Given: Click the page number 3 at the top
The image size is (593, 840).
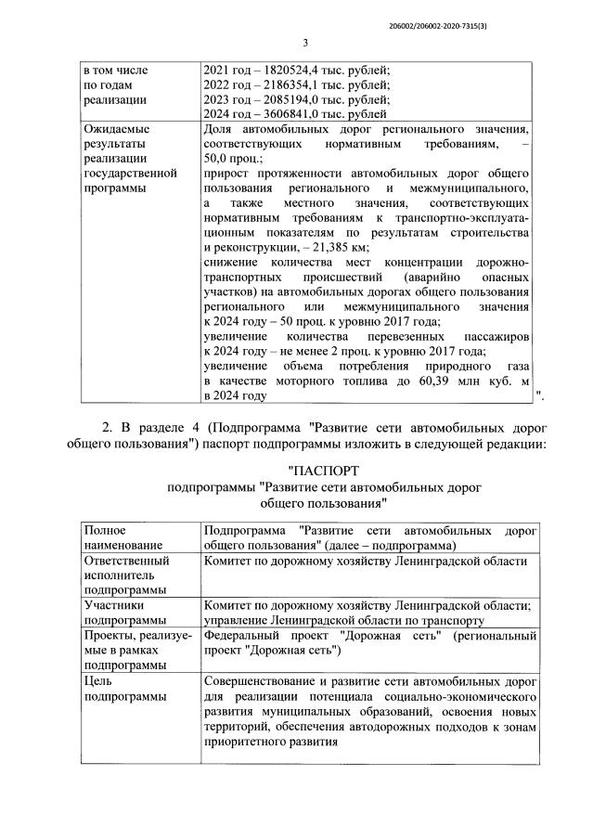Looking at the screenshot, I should (304, 43).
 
